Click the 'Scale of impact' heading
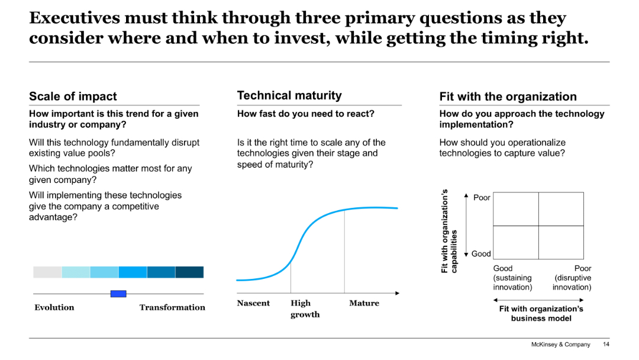pyautogui.click(x=73, y=97)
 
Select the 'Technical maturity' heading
pyautogui.click(x=289, y=95)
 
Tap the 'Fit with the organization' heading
pyautogui.click(x=508, y=97)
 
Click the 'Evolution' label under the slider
pyautogui.click(x=54, y=307)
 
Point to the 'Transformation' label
pyautogui.click(x=172, y=307)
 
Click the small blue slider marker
pyautogui.click(x=118, y=294)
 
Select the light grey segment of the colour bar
pyautogui.click(x=47, y=272)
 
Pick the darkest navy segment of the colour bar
pyautogui.click(x=189, y=272)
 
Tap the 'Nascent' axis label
pyautogui.click(x=253, y=303)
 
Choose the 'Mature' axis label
pyautogui.click(x=364, y=303)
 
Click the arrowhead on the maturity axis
pyautogui.click(x=397, y=293)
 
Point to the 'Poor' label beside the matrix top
pyautogui.click(x=482, y=198)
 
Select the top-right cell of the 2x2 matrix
pyautogui.click(x=561, y=209)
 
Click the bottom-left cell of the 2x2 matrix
pyautogui.click(x=515, y=242)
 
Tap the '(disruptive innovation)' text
pyautogui.click(x=572, y=282)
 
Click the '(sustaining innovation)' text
pyautogui.click(x=512, y=282)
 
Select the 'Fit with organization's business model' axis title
pyautogui.click(x=541, y=313)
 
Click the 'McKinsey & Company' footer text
pyautogui.click(x=560, y=345)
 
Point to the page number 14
pyautogui.click(x=605, y=345)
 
